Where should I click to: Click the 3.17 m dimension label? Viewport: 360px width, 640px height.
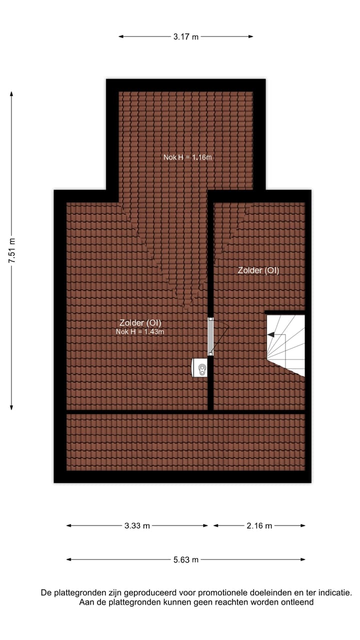[186, 36]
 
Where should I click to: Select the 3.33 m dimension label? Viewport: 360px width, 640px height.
[137, 525]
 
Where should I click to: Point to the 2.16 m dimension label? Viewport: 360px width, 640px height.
[259, 525]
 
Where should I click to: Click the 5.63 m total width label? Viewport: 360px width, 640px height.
[186, 559]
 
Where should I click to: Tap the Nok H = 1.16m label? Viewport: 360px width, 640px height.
[187, 157]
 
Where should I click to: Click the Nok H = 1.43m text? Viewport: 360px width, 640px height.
[139, 331]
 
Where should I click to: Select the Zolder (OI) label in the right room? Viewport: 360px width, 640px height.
[258, 270]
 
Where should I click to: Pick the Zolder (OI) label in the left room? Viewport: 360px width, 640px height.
[140, 322]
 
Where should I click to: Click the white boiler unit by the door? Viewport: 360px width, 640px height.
[200, 367]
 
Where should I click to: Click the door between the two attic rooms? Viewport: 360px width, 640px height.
[211, 336]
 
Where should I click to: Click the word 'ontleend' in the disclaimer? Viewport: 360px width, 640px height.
[298, 602]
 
